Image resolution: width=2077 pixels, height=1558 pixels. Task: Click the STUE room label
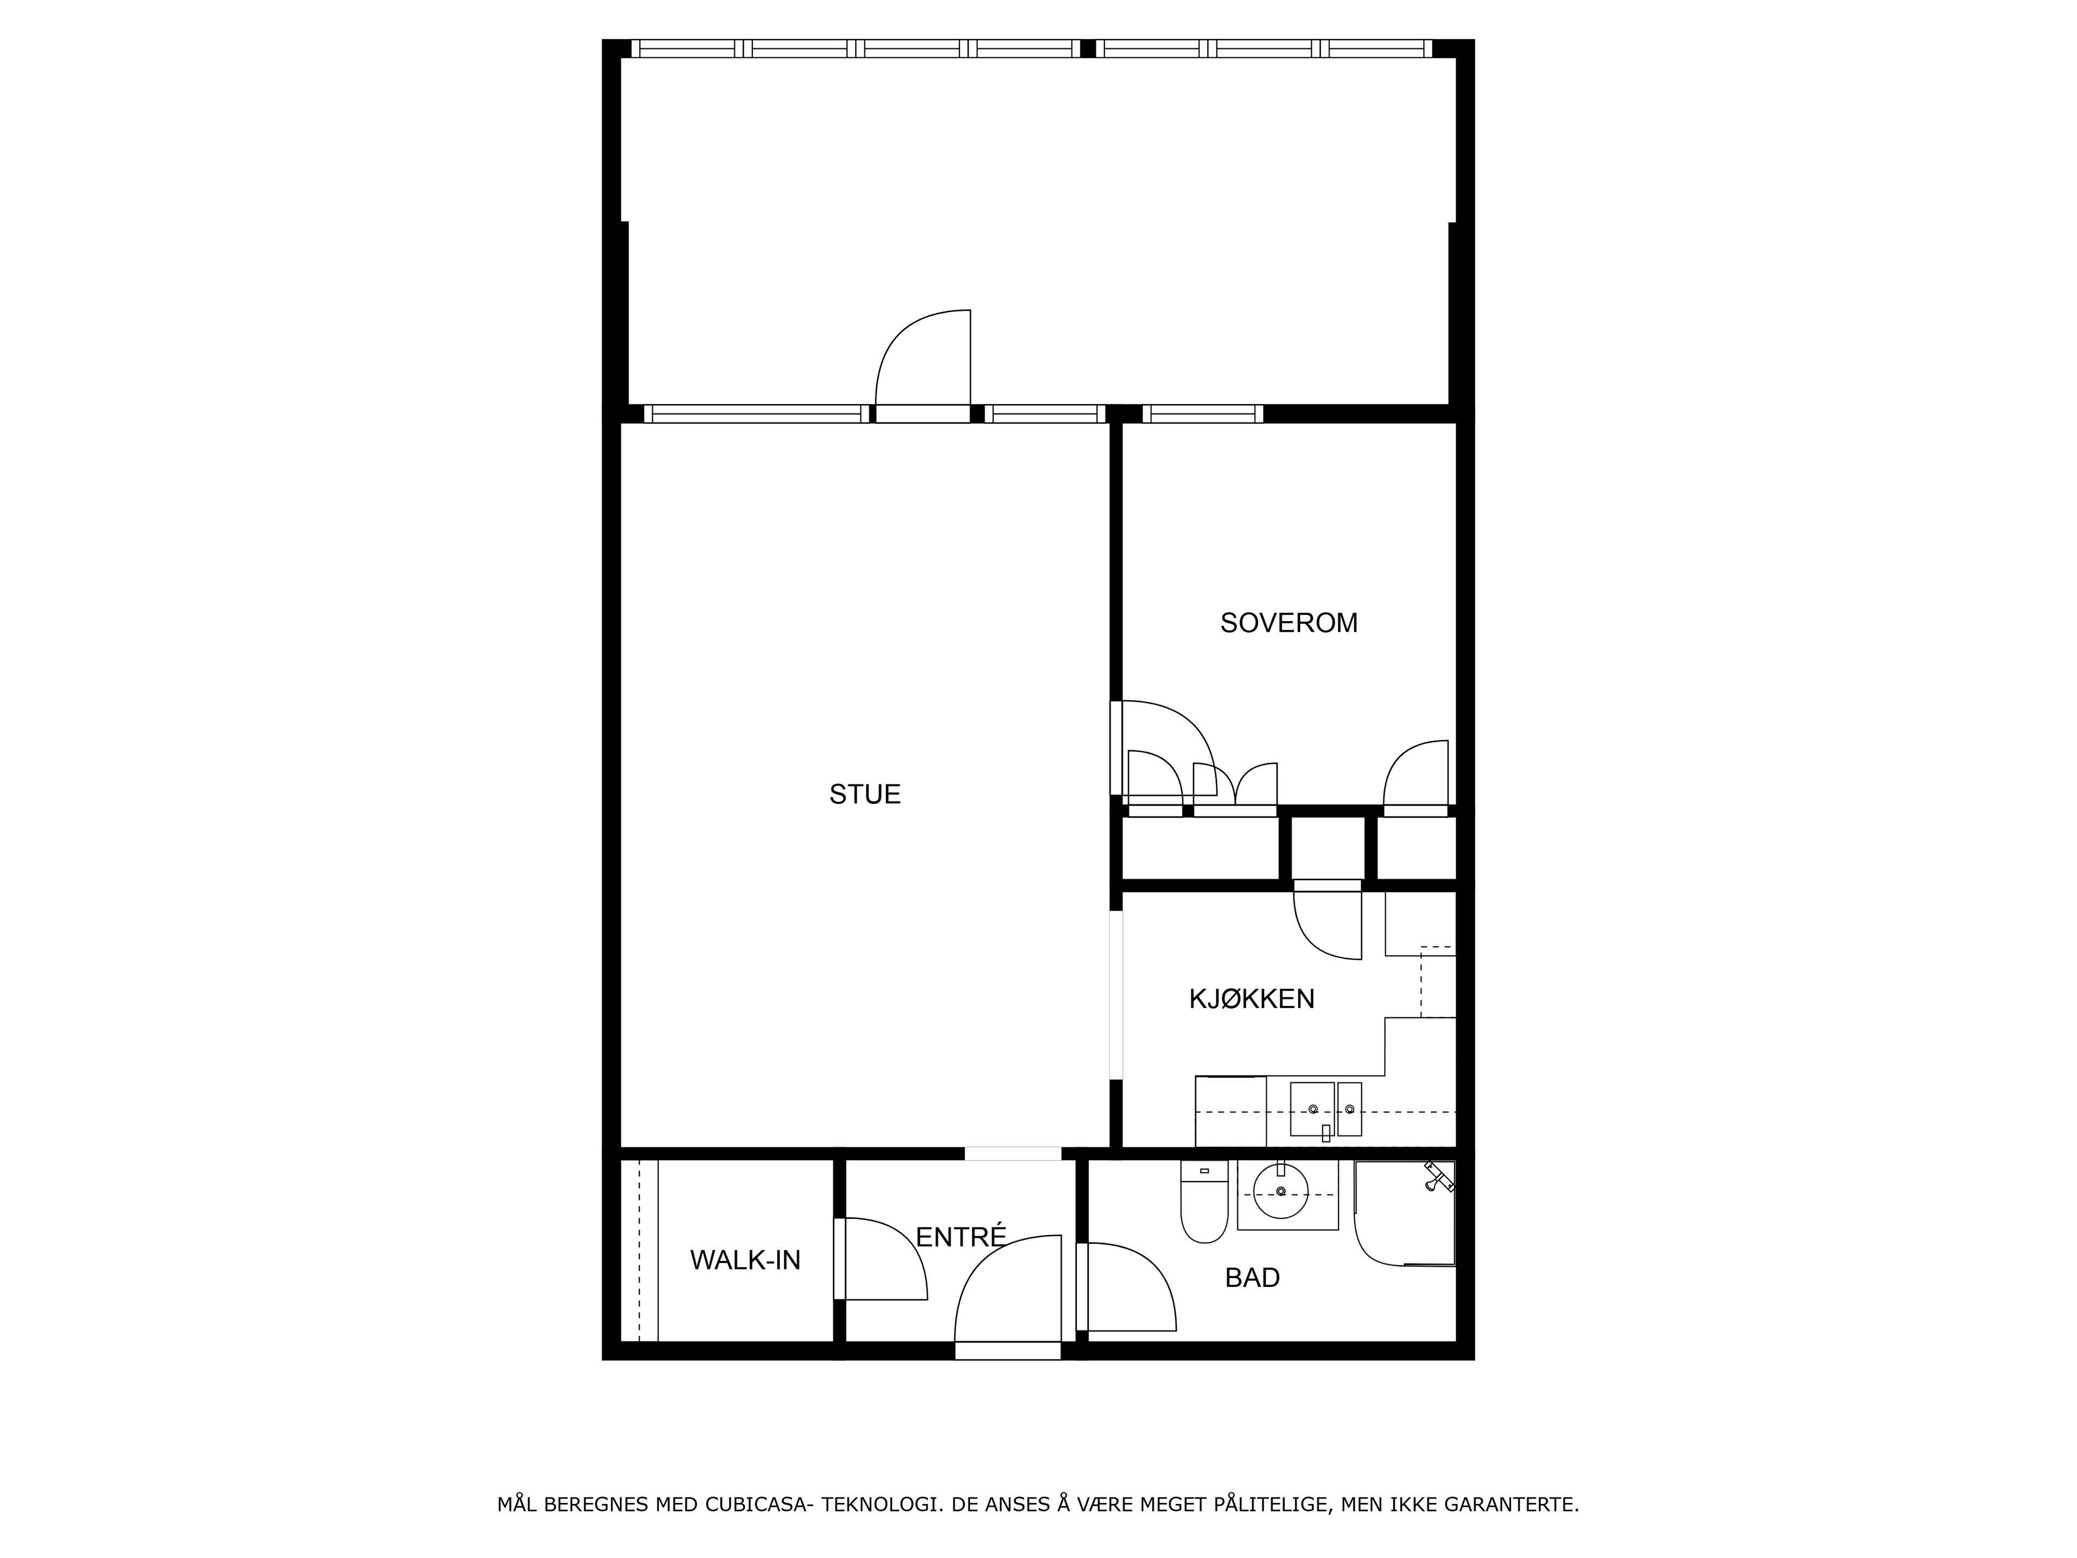[x=865, y=795]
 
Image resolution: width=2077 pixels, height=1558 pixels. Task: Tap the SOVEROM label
[x=1288, y=623]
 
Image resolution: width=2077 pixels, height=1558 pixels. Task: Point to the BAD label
[x=1253, y=1277]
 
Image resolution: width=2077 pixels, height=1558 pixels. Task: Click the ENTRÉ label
[x=961, y=1237]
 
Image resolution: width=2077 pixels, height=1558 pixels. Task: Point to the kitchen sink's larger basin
[x=1312, y=1109]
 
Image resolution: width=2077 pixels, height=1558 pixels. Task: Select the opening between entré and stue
[x=1013, y=1153]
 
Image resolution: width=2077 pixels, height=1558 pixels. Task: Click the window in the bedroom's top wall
[x=1203, y=413]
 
